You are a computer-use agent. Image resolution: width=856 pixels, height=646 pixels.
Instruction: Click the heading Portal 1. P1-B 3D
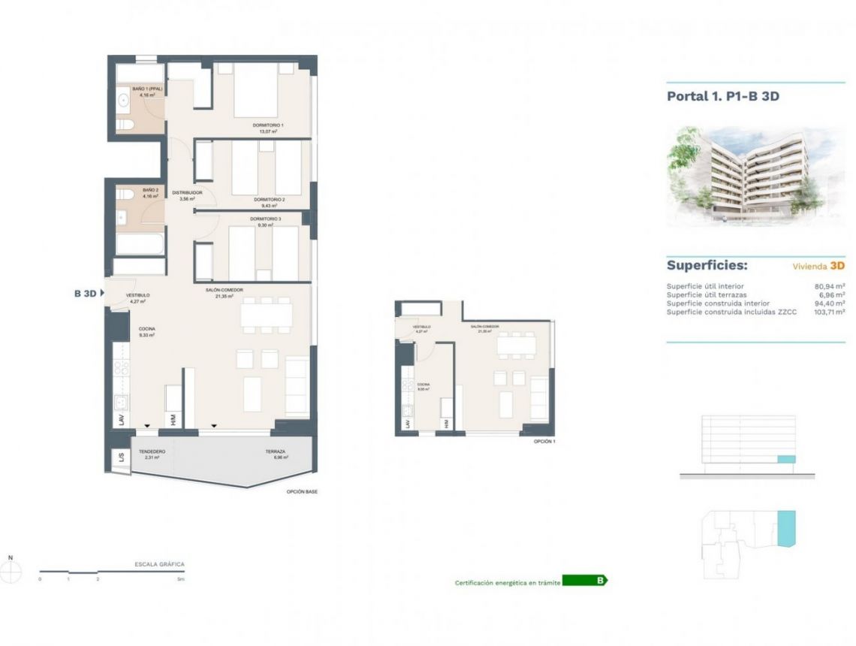coord(718,96)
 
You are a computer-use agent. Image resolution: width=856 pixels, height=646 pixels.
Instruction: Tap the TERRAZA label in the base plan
coord(275,453)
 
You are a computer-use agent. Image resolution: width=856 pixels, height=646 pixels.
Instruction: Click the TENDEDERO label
coord(152,453)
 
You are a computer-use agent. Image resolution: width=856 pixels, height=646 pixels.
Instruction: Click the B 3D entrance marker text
coord(85,294)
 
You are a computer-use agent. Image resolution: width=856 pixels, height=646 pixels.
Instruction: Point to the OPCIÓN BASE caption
coord(302,492)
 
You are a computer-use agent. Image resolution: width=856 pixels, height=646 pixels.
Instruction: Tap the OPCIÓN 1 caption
coord(544,442)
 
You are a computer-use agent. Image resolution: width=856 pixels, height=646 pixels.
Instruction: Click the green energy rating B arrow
coord(585,581)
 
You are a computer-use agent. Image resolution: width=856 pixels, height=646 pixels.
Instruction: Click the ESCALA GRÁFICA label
coord(158,563)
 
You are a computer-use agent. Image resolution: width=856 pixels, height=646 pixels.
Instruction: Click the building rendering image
coord(737,177)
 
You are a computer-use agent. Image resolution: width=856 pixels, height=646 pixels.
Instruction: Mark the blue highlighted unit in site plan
coord(785,529)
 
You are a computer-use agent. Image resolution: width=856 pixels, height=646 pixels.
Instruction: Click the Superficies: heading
coord(707,266)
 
